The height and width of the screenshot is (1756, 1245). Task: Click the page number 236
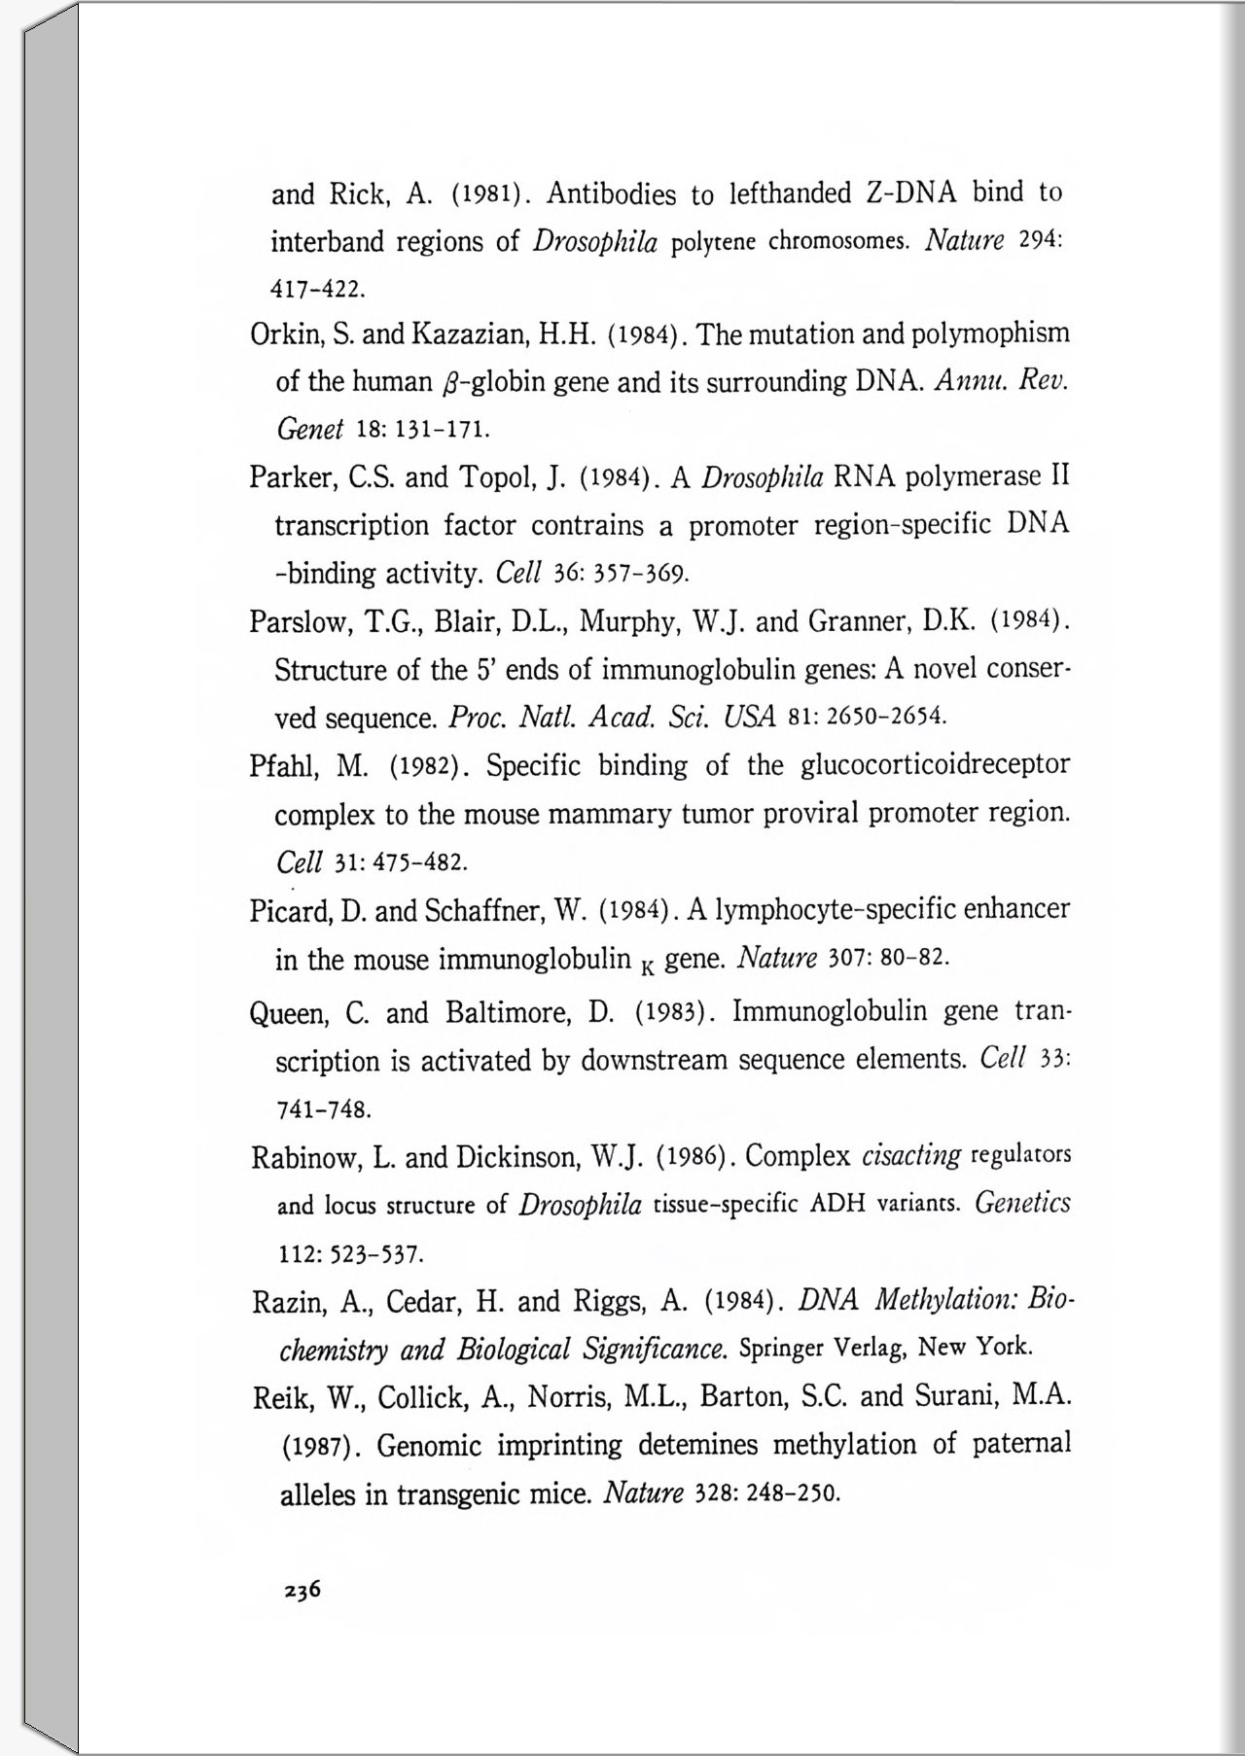(x=302, y=1591)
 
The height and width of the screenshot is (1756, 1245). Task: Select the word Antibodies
(x=611, y=193)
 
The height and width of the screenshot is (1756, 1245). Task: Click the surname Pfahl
(x=280, y=766)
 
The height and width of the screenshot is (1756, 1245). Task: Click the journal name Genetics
(x=1022, y=1204)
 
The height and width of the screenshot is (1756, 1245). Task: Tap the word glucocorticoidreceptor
(x=935, y=765)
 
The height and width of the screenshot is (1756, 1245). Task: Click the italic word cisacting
(x=911, y=1156)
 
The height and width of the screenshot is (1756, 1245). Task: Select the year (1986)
(x=692, y=1157)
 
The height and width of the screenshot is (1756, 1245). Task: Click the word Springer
(x=783, y=1349)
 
